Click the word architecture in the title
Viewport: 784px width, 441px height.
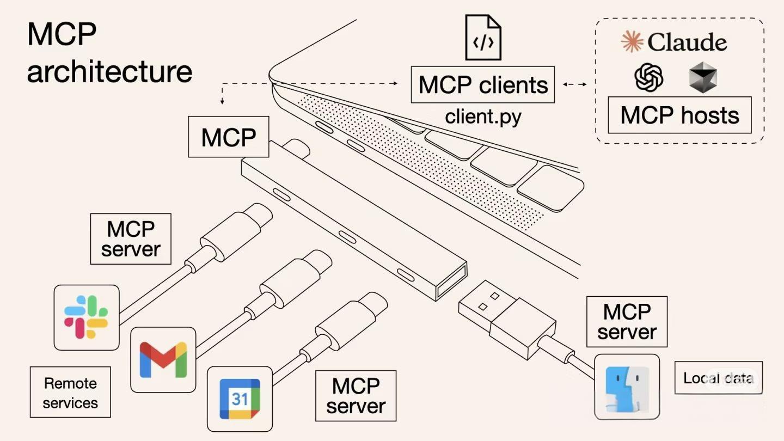coord(109,72)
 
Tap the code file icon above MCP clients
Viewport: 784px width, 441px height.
coord(483,38)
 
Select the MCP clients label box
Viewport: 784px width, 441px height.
coord(482,85)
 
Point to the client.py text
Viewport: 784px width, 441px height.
coord(483,117)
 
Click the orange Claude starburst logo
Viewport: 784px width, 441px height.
coord(632,42)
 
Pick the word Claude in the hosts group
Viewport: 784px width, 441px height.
coord(687,42)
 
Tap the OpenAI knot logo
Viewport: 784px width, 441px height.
coord(649,77)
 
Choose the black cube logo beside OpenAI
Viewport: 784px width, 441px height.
coord(703,77)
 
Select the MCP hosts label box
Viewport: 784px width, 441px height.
coord(679,115)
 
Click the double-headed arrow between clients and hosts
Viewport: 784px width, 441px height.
coord(575,84)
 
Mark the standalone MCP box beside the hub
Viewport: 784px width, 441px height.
coord(229,137)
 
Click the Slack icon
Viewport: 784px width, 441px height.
coord(87,317)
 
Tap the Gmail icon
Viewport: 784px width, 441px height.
coord(163,360)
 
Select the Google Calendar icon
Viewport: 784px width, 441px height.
coord(240,399)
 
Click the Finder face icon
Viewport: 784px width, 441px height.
coord(627,387)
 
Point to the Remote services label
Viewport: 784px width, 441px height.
coord(70,393)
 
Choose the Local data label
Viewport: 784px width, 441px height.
coord(718,378)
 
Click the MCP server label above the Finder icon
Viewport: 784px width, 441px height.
coord(627,322)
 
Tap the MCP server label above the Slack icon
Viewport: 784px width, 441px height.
coord(131,239)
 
